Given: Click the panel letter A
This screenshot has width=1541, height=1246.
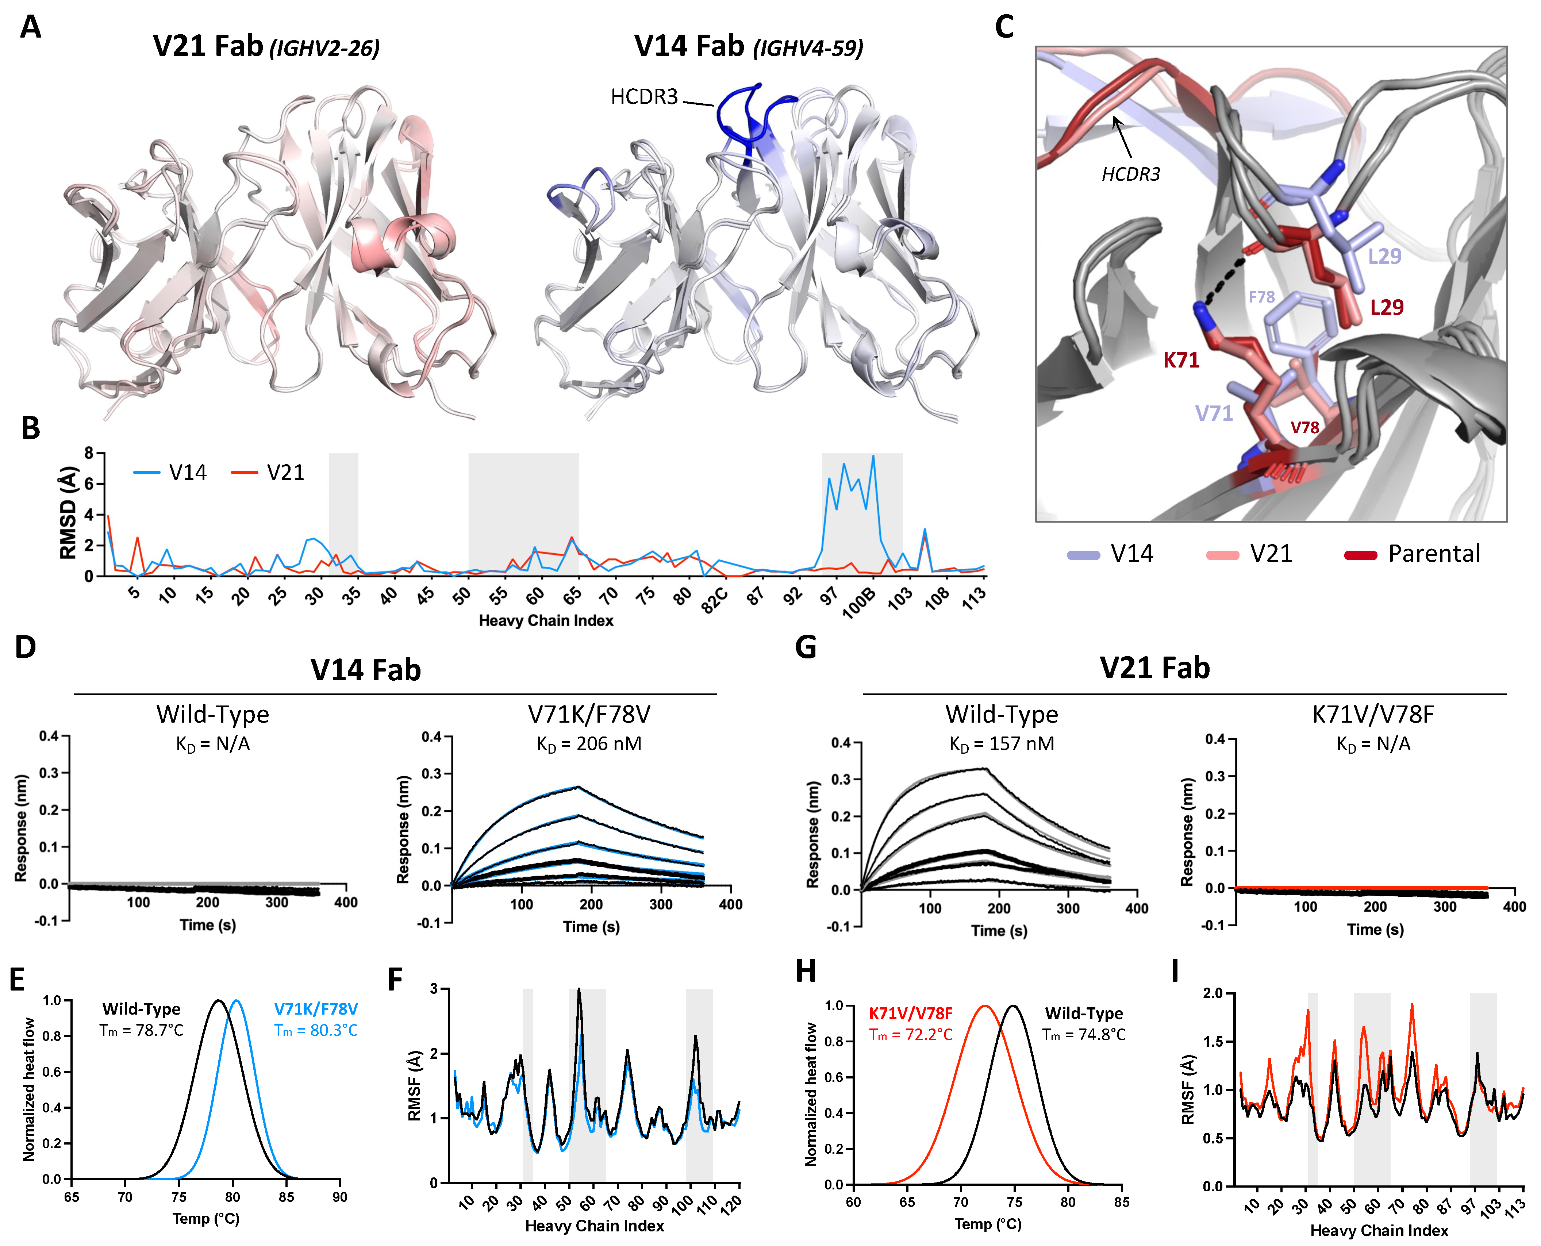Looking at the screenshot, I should [x=30, y=27].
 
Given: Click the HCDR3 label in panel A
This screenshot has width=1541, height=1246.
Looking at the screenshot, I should [x=644, y=97].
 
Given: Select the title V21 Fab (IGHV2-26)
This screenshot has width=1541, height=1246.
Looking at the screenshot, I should [x=266, y=47].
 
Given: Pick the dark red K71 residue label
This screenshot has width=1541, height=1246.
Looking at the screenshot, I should [x=1181, y=360].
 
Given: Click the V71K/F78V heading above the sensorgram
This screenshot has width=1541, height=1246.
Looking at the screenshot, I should [x=589, y=715].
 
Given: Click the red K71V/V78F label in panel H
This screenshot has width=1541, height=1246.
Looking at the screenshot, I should [x=910, y=1014].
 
